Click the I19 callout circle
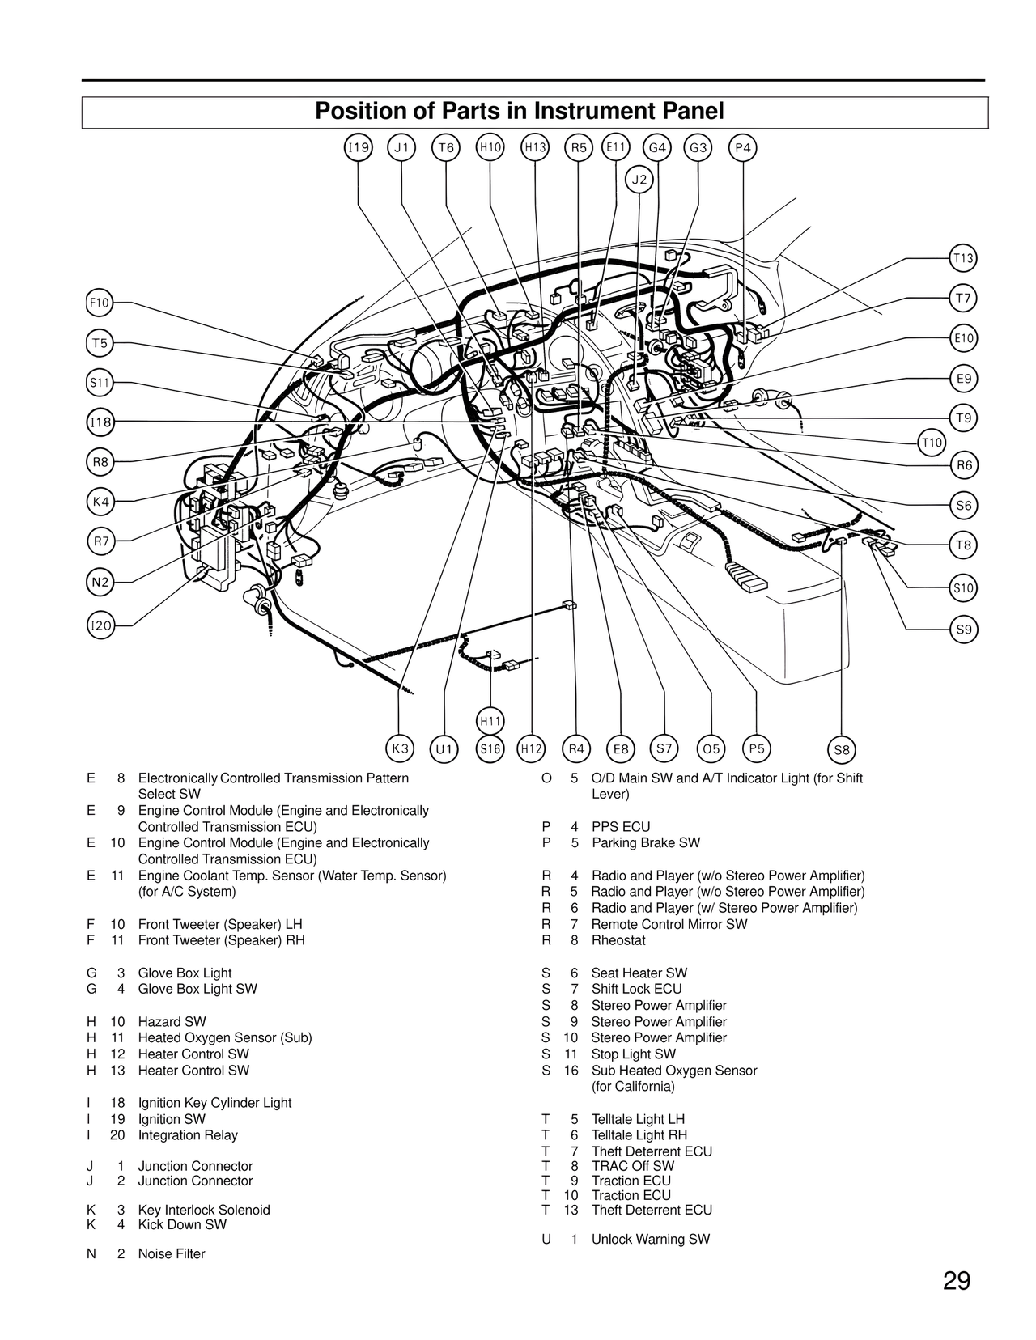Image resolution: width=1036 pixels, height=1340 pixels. click(359, 147)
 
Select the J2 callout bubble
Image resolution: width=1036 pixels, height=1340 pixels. click(639, 180)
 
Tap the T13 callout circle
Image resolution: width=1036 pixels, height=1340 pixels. click(963, 258)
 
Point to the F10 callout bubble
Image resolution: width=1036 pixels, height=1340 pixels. click(99, 303)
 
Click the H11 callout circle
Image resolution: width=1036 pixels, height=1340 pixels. click(490, 721)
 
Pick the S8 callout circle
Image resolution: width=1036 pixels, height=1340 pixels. click(842, 749)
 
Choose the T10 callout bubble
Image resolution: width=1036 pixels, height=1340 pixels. click(932, 442)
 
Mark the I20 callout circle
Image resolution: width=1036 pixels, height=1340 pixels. click(100, 625)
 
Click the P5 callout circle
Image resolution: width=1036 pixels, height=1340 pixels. click(757, 748)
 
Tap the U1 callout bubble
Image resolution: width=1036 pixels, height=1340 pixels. click(444, 749)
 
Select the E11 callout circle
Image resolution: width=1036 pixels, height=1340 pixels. click(616, 146)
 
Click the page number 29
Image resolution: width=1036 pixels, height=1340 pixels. click(956, 1282)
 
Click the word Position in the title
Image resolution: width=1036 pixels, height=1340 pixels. click(360, 111)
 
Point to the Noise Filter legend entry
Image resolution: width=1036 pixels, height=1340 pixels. click(171, 1253)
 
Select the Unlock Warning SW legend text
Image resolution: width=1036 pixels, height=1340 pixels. click(650, 1239)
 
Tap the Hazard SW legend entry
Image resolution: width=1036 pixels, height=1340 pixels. click(172, 1021)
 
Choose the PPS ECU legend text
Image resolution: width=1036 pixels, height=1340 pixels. click(620, 827)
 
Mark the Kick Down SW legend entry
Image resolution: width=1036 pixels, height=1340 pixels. click(181, 1224)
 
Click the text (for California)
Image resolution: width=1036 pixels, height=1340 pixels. click(632, 1086)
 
